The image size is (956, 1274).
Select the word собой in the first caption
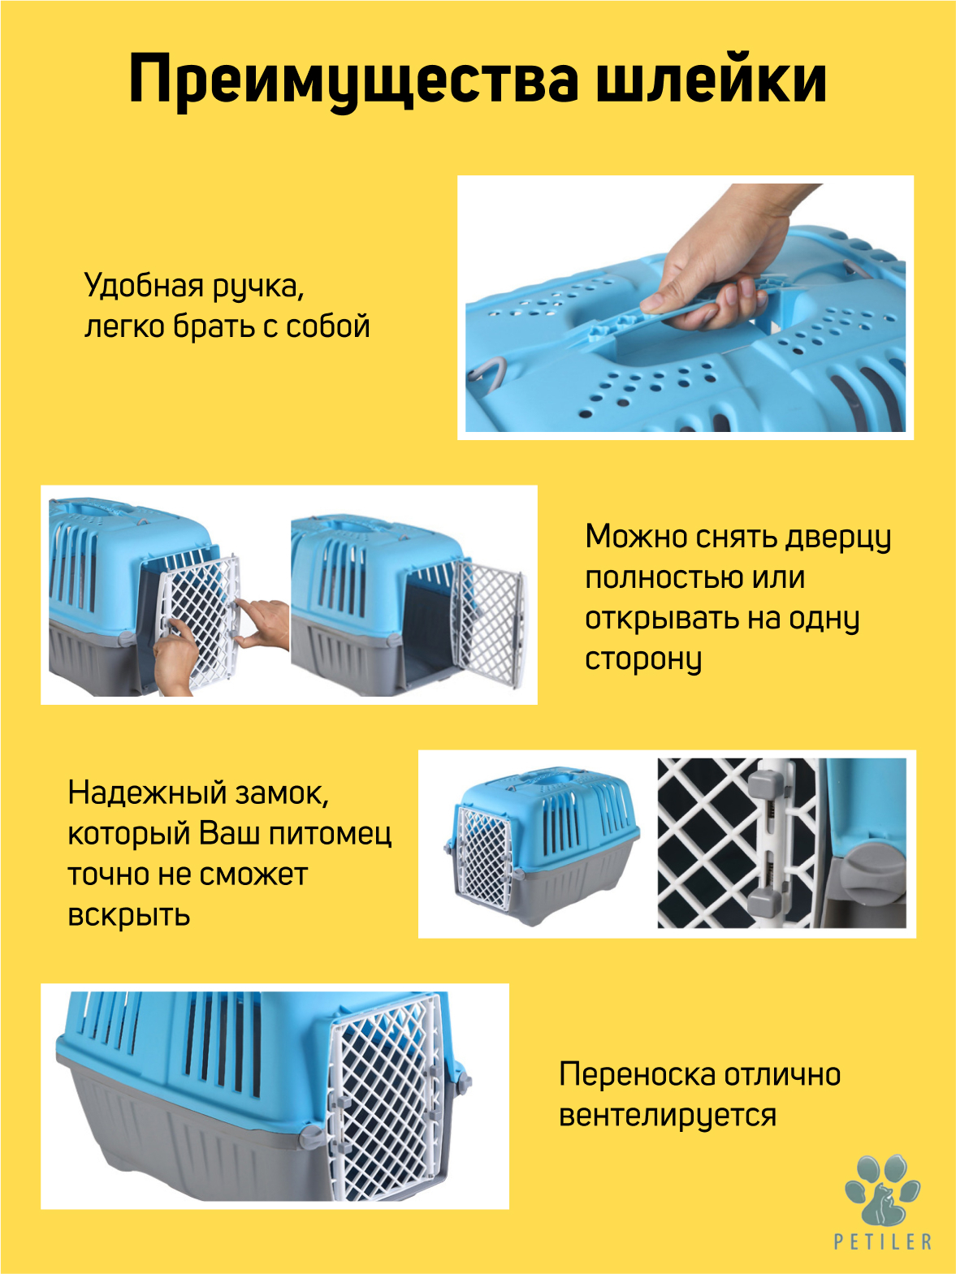point(327,326)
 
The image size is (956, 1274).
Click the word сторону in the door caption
point(643,660)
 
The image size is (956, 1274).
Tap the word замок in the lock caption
point(282,793)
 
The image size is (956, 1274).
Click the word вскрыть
point(129,915)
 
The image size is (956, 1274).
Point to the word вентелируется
point(668,1115)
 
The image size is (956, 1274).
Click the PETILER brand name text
point(883,1242)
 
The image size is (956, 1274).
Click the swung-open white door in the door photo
point(488,623)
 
